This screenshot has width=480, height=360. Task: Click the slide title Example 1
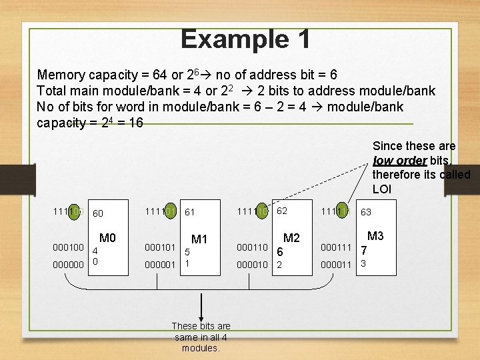click(245, 39)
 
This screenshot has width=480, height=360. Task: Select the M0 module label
click(107, 238)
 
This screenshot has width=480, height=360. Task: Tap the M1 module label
click(199, 239)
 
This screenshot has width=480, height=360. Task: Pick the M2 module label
click(291, 238)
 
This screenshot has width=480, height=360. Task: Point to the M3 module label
click(375, 236)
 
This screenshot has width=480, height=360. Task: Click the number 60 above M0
click(98, 214)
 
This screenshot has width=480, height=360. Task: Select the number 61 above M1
click(189, 213)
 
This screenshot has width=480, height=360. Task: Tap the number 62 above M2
click(282, 211)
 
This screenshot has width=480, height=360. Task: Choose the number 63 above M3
click(366, 213)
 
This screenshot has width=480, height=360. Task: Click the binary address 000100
click(68, 247)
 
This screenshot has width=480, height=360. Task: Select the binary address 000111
click(336, 247)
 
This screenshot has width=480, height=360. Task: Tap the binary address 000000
click(68, 264)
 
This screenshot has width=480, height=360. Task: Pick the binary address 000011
click(336, 264)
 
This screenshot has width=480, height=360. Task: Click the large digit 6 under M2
click(280, 252)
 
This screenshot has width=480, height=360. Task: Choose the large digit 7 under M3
click(363, 251)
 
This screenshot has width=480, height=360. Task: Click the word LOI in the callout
click(382, 189)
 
